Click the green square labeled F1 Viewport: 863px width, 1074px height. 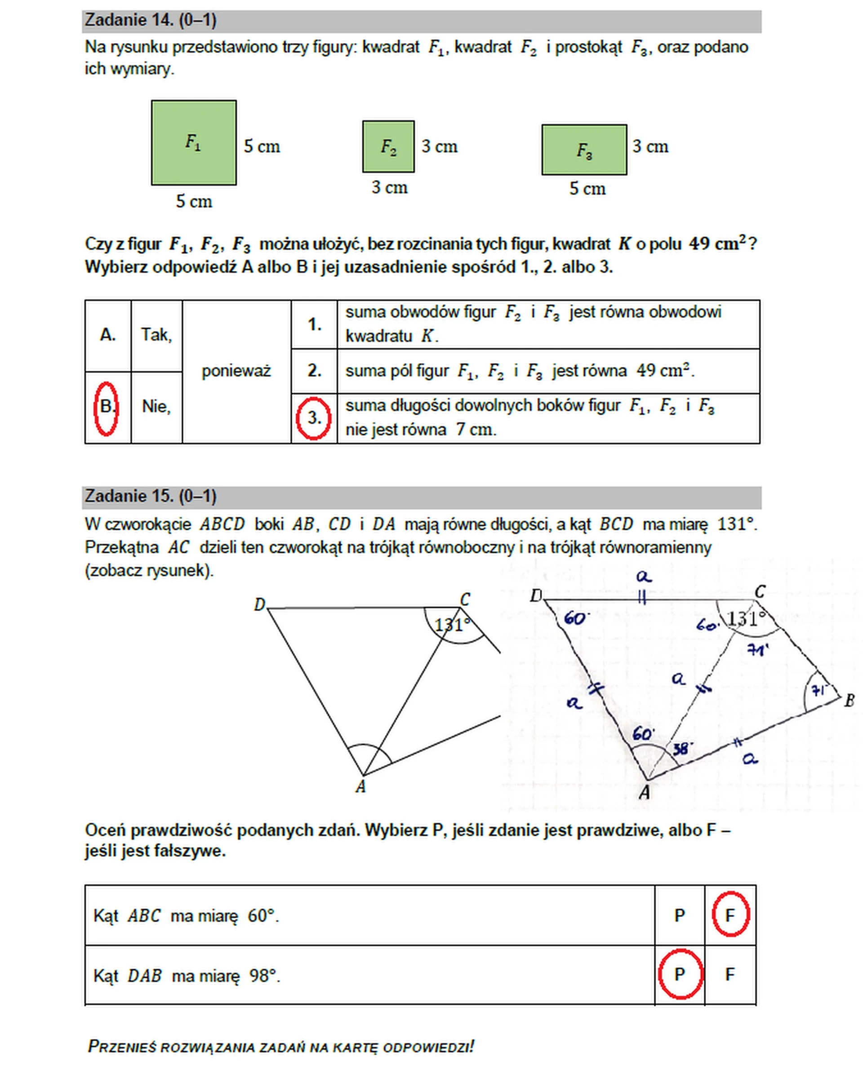[x=194, y=142]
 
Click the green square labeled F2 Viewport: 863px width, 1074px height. [x=388, y=146]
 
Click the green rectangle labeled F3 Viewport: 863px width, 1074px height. [x=584, y=150]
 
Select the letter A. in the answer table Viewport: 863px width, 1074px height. [x=107, y=335]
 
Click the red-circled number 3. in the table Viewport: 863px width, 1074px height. [x=313, y=418]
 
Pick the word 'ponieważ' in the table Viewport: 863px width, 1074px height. [x=236, y=371]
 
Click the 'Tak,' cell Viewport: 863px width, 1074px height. [x=156, y=335]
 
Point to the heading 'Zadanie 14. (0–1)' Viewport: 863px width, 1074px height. [x=151, y=20]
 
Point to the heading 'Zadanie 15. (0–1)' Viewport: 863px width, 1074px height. [x=151, y=496]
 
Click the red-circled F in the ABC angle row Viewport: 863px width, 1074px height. [x=730, y=915]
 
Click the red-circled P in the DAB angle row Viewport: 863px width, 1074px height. [x=680, y=974]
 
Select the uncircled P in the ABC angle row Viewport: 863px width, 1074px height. [x=680, y=915]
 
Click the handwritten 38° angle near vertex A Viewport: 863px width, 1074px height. [x=683, y=748]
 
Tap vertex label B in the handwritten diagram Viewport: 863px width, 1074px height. [x=849, y=701]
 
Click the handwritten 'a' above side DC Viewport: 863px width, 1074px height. [x=644, y=577]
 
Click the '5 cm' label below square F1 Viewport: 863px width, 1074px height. [x=194, y=202]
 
